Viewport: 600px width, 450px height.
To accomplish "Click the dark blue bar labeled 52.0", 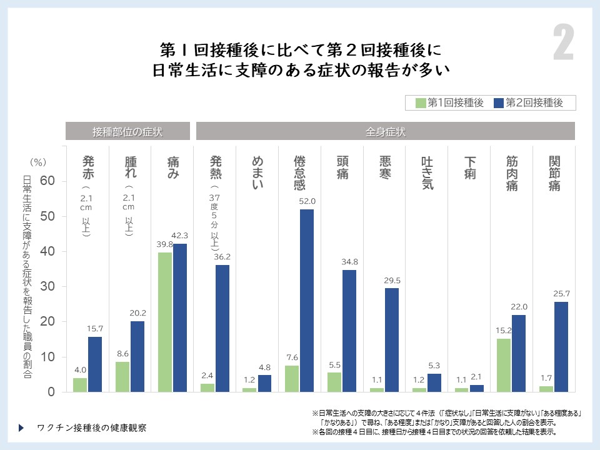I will (x=307, y=301).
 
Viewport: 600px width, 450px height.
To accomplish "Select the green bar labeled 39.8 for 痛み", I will (x=166, y=322).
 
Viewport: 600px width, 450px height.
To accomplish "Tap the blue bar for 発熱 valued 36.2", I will (x=222, y=328).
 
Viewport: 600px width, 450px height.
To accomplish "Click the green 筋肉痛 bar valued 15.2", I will (x=504, y=365).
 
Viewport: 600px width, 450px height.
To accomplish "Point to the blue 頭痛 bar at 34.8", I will (x=349, y=331).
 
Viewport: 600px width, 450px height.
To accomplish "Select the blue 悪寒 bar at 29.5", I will (x=392, y=340).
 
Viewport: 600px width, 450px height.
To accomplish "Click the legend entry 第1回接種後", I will (x=449, y=103).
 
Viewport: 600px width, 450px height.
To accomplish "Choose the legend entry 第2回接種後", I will (x=528, y=103).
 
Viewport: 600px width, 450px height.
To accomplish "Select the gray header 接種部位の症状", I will (x=128, y=131).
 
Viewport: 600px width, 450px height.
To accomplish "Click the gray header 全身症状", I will (x=386, y=131).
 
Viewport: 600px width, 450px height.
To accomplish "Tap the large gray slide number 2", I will (x=563, y=45).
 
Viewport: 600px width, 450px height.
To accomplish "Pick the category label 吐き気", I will (x=427, y=173).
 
